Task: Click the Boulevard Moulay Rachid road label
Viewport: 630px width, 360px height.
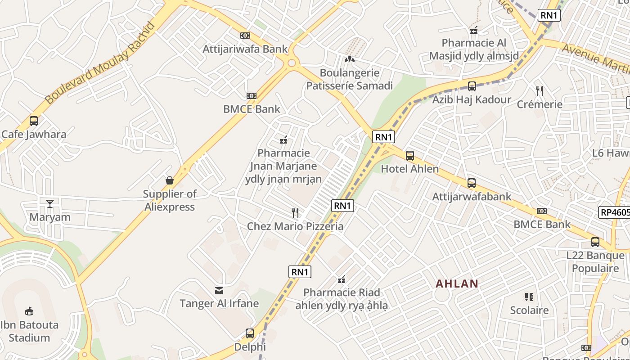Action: (100, 63)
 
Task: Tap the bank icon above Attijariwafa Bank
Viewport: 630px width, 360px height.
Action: (245, 36)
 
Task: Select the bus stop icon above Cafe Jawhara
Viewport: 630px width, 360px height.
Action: (34, 121)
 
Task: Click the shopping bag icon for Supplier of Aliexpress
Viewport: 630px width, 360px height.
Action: (170, 180)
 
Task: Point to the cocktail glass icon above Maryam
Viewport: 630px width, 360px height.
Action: (50, 204)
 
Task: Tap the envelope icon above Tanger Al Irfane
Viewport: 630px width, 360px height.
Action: (219, 290)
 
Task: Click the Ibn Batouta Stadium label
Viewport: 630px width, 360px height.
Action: (29, 331)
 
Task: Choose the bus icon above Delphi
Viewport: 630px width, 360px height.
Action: (250, 333)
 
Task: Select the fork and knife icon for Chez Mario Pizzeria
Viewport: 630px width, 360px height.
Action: (295, 212)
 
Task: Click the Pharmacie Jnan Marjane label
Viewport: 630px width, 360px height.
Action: (283, 166)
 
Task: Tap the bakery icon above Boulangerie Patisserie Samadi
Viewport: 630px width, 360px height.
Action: (350, 59)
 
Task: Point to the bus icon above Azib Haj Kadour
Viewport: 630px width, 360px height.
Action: (472, 86)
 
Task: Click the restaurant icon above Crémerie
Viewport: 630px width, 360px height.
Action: (540, 91)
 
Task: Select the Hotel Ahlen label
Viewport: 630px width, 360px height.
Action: (409, 169)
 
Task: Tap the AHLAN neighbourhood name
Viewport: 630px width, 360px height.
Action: (457, 284)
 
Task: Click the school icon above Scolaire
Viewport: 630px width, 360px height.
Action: (529, 297)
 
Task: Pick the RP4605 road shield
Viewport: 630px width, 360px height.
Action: (614, 212)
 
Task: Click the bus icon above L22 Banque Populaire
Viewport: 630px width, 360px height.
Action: (595, 242)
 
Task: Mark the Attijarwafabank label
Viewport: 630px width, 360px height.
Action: (472, 197)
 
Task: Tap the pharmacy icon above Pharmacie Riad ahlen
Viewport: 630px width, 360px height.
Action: (342, 279)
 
